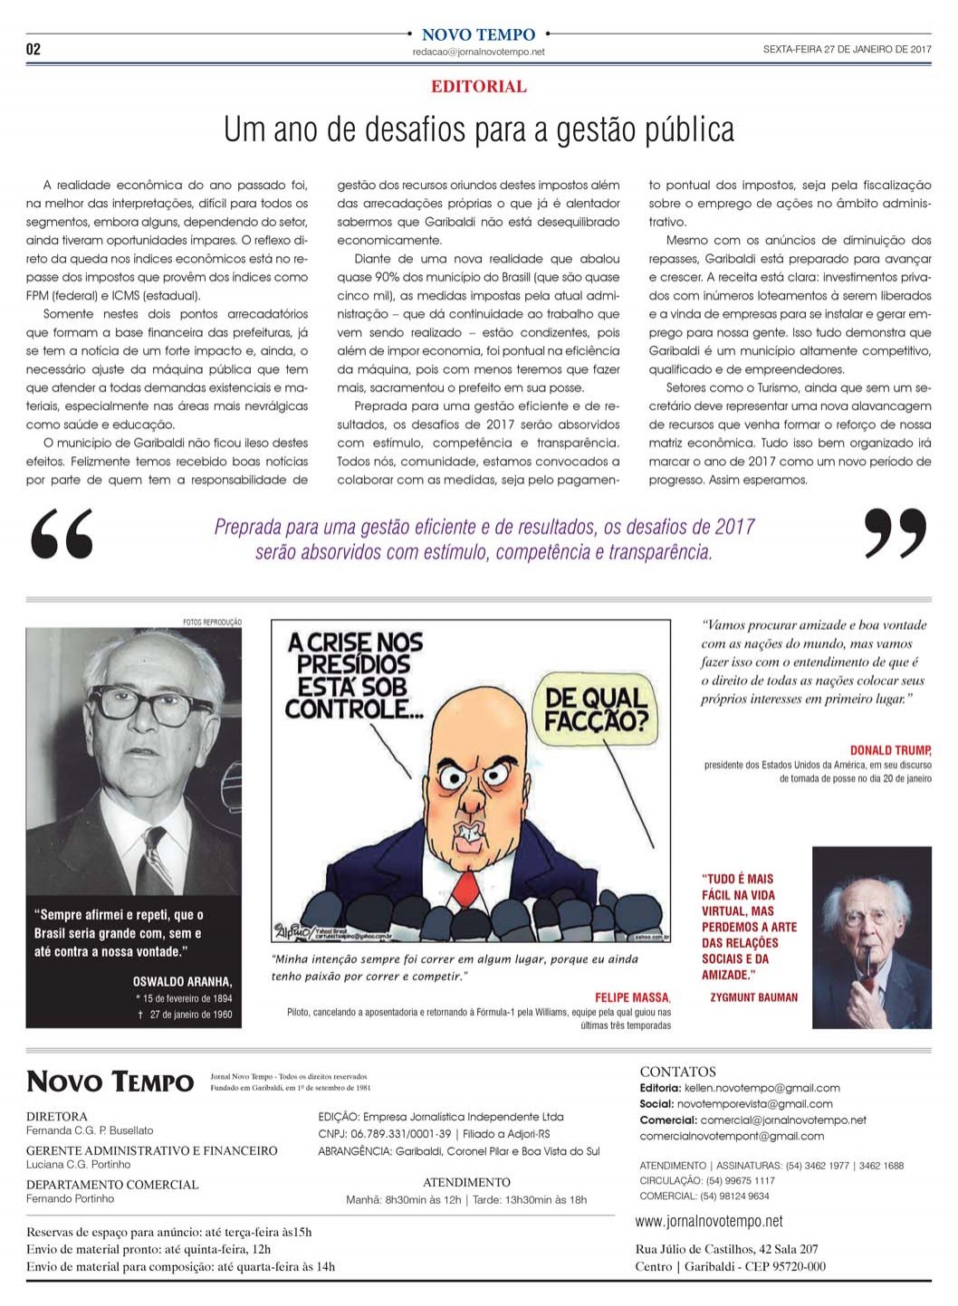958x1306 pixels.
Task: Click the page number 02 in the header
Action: click(x=34, y=49)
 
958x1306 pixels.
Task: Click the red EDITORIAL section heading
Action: click(x=478, y=87)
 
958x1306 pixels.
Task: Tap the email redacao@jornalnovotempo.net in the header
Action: click(x=478, y=52)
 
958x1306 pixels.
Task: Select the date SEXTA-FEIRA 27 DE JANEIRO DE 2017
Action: click(x=847, y=50)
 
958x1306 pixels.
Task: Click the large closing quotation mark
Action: click(x=895, y=534)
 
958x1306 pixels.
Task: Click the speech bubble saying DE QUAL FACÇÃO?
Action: click(x=596, y=708)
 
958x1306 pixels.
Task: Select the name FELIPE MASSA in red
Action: click(x=632, y=997)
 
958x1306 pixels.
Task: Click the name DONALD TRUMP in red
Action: click(x=890, y=750)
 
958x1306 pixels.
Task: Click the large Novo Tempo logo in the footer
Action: click(x=110, y=1082)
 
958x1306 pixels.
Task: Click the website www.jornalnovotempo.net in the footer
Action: click(x=709, y=1221)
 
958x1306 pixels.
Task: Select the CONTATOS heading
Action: click(x=677, y=1072)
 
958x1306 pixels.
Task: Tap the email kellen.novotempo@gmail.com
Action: click(x=762, y=1088)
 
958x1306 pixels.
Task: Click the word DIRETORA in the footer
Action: click(x=57, y=1117)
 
